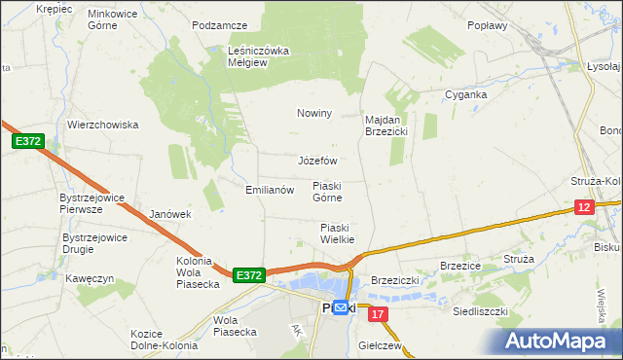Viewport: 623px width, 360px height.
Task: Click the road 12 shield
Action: (583, 207)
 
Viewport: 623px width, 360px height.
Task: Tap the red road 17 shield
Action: (379, 314)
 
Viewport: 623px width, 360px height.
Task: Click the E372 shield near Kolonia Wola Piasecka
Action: (248, 276)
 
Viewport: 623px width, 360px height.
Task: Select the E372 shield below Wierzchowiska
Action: (27, 142)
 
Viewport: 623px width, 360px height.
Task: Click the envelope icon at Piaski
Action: (342, 306)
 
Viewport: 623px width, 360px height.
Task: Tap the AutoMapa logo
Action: (562, 342)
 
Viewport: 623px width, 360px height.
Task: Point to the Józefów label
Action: (316, 161)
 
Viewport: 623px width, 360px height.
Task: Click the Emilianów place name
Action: (270, 190)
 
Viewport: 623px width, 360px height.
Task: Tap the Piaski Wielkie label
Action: (337, 234)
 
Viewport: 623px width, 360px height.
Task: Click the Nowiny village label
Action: (314, 114)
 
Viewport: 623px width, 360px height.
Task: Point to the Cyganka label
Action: (465, 95)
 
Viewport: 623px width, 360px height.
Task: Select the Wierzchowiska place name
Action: (103, 125)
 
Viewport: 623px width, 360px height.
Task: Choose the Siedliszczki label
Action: (481, 312)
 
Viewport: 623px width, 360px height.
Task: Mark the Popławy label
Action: (488, 26)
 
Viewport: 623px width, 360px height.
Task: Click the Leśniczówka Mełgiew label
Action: (259, 56)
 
